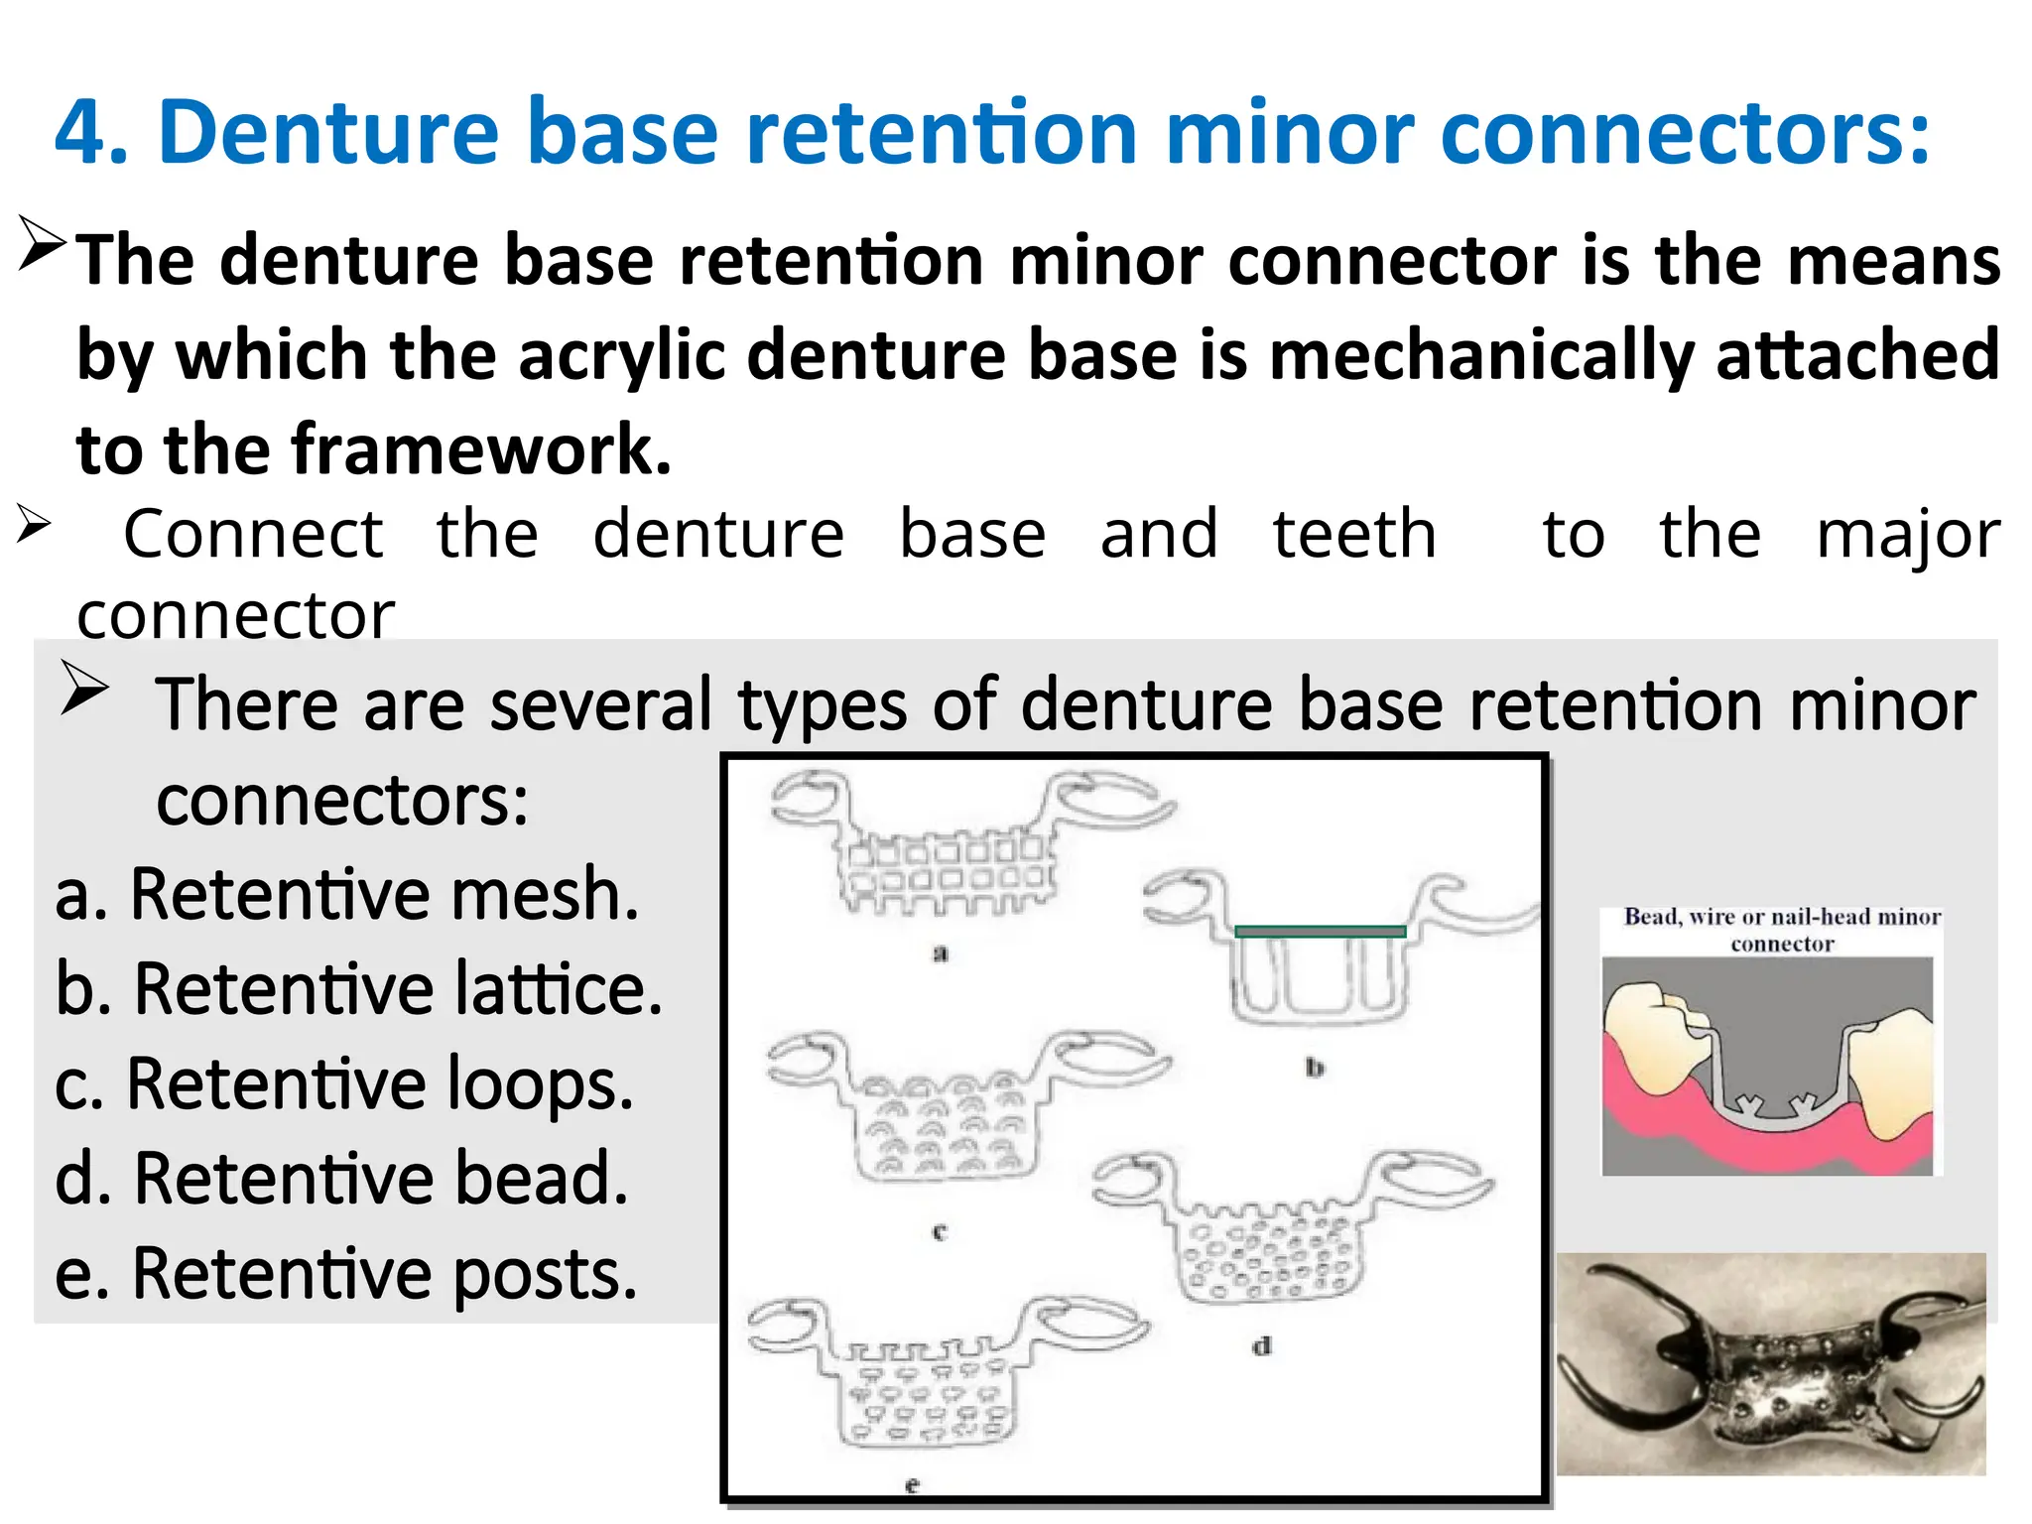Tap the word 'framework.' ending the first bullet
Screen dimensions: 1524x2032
click(481, 450)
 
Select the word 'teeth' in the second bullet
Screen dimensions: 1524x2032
click(1354, 534)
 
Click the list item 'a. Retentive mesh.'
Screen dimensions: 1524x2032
click(346, 894)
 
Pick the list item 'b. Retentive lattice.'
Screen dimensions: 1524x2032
click(358, 989)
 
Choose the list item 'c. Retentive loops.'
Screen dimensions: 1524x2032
click(343, 1083)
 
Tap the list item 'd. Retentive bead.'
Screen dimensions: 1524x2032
click(341, 1179)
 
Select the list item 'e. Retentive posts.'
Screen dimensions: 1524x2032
click(345, 1274)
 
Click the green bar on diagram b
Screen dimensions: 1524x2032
click(1320, 932)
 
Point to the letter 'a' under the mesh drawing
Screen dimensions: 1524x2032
click(941, 954)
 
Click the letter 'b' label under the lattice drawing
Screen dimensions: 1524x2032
click(1315, 1069)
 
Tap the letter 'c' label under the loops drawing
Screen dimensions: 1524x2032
click(940, 1233)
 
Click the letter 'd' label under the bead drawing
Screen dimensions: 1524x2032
click(1261, 1347)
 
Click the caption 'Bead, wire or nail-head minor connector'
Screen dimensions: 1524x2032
click(1782, 930)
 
